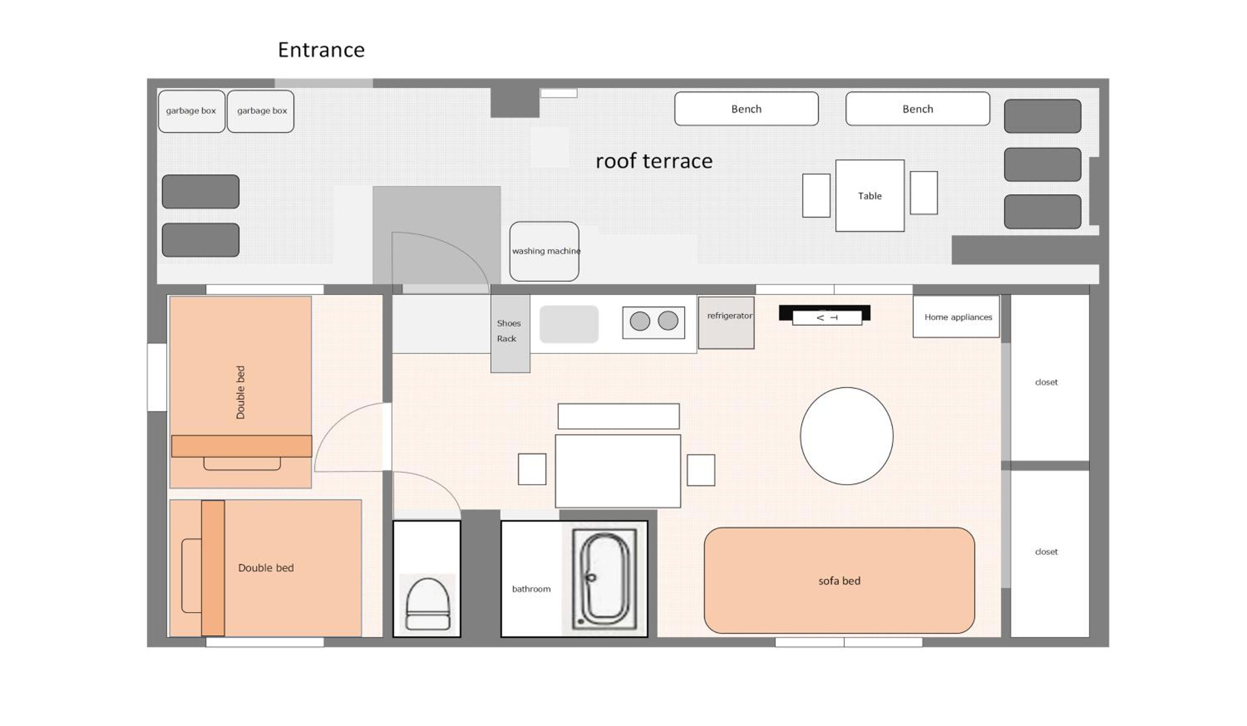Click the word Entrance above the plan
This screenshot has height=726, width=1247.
point(321,50)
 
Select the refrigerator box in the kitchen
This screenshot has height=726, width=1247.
point(726,322)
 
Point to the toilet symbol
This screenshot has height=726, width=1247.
point(428,604)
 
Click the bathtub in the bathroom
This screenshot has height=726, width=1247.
point(604,579)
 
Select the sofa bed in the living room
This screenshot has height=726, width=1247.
point(839,581)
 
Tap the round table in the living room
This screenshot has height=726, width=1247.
point(847,436)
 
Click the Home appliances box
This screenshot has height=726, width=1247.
point(956,316)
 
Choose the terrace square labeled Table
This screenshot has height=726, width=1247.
point(870,195)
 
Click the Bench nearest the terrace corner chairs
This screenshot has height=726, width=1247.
point(918,109)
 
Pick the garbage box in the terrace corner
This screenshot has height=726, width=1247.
point(192,111)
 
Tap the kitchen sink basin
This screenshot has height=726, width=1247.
point(569,324)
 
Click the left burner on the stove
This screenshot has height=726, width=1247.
point(640,321)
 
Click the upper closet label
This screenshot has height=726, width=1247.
point(1046,382)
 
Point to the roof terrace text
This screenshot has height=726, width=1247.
point(654,161)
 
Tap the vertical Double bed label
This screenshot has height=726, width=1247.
point(241,392)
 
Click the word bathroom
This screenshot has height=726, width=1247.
point(531,589)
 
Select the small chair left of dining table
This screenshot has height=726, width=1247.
point(532,469)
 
